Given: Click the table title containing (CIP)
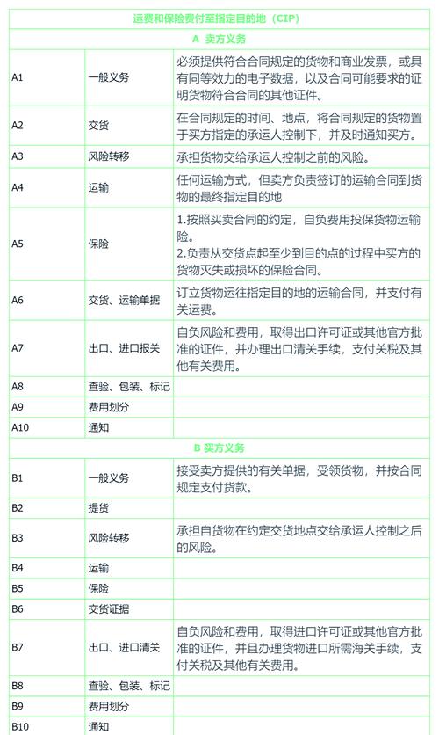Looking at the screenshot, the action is click(219, 18).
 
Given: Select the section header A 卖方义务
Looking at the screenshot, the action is click(219, 40).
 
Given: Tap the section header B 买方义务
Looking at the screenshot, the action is click(219, 448).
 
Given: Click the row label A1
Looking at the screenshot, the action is click(18, 77).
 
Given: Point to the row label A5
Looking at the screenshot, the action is click(18, 244).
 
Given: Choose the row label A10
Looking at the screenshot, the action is click(21, 427).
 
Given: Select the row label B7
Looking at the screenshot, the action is click(18, 647).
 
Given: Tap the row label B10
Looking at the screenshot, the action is click(21, 726).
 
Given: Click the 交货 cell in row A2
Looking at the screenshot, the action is click(98, 126).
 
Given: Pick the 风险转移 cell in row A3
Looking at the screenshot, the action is click(109, 156).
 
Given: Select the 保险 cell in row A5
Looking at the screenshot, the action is click(98, 244).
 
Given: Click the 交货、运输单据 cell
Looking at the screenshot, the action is click(124, 300).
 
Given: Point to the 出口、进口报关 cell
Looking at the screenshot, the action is click(124, 348).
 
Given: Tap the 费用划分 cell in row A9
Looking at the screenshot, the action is click(109, 407).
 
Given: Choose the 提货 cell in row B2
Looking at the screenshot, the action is click(98, 507).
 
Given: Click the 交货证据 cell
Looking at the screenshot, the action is click(109, 608).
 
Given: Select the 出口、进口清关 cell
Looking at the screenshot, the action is click(124, 647).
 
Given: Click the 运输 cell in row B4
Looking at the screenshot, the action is click(98, 568).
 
